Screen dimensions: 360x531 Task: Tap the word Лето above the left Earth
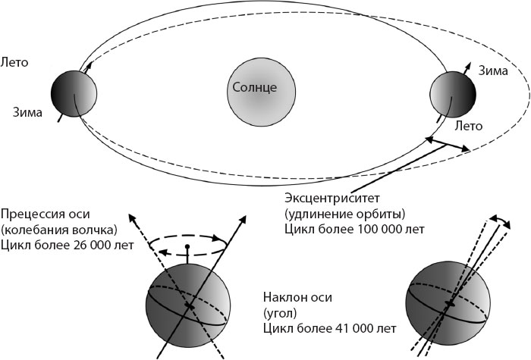click(x=15, y=61)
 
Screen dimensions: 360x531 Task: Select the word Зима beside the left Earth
click(x=27, y=113)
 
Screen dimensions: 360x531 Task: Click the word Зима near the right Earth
click(x=493, y=71)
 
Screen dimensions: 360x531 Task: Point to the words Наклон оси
click(x=295, y=296)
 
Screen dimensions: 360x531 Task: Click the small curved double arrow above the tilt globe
click(x=497, y=219)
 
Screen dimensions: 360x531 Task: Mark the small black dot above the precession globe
click(x=187, y=247)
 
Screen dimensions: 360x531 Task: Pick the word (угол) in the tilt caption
click(x=279, y=312)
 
